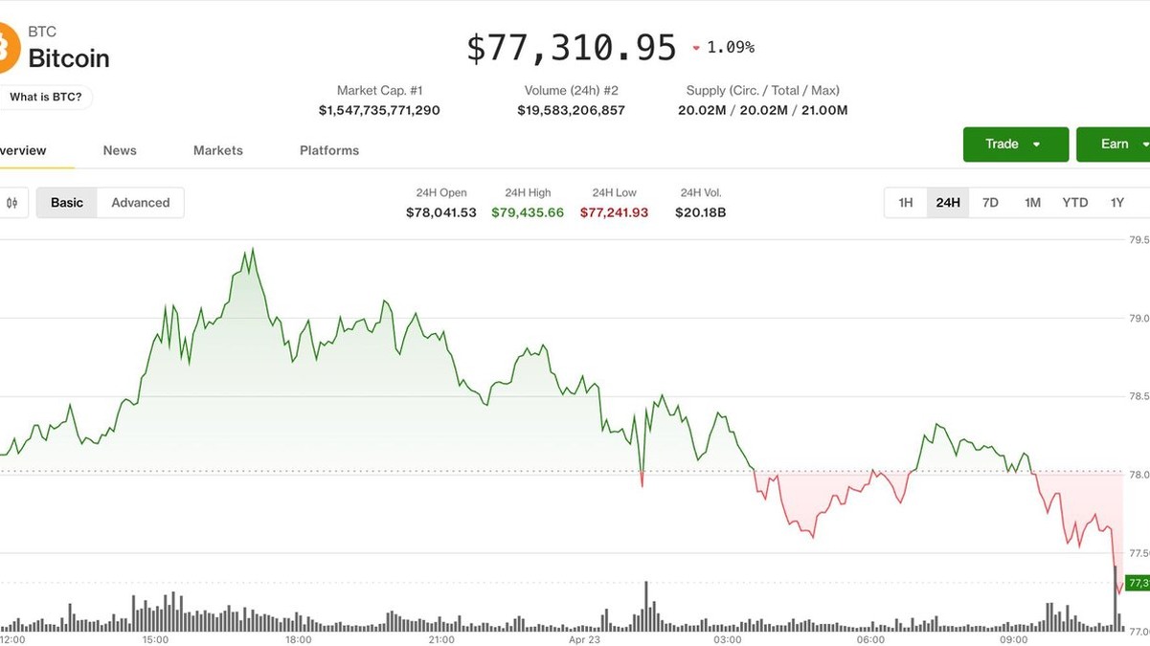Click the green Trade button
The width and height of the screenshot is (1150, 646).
point(1015,145)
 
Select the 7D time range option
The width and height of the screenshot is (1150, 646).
point(990,203)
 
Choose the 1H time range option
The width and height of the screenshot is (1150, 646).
point(905,203)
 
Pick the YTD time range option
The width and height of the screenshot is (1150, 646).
point(1075,203)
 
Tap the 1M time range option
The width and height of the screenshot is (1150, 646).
point(1032,203)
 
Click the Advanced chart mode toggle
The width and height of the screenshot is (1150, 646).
point(140,203)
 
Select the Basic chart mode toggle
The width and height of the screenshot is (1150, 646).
point(67,203)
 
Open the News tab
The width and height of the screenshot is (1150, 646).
point(120,150)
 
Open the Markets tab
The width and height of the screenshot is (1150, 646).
point(218,150)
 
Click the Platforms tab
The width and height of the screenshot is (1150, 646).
point(329,150)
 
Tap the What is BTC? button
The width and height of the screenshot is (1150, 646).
point(46,97)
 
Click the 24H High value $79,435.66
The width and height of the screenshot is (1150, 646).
point(528,212)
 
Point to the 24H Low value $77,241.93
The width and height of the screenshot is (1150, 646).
point(614,212)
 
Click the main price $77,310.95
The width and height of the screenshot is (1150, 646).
point(572,48)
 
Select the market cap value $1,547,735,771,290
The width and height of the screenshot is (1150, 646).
point(379,110)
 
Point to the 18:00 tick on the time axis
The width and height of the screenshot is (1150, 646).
point(298,639)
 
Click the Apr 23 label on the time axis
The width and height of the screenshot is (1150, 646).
point(584,639)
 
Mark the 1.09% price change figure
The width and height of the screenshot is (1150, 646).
point(730,47)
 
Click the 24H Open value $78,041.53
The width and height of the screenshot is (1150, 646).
point(440,212)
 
